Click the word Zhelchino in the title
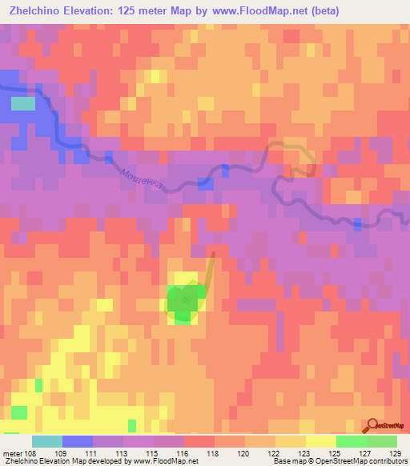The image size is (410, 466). pyautogui.click(x=34, y=11)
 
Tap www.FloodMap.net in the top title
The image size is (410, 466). pyautogui.click(x=249, y=11)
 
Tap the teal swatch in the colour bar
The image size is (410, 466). pyautogui.click(x=47, y=441)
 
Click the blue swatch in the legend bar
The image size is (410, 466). pyautogui.click(x=78, y=441)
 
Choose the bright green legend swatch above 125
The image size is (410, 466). pyautogui.click(x=352, y=441)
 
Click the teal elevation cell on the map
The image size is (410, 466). pyautogui.click(x=23, y=103)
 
